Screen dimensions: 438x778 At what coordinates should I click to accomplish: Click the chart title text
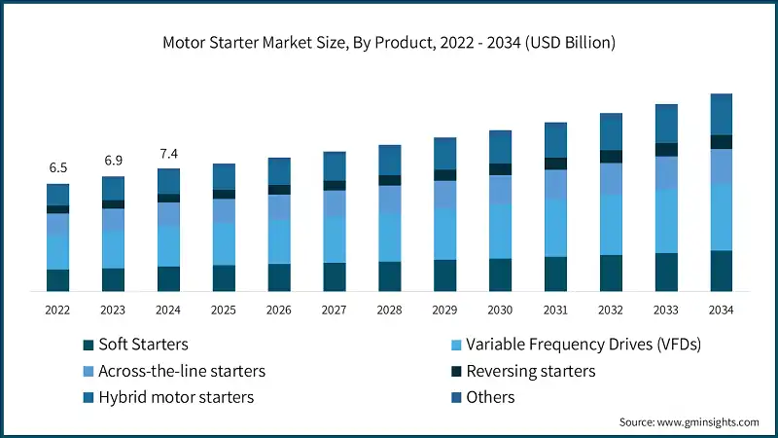click(389, 43)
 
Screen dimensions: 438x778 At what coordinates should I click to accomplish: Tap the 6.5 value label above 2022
click(58, 168)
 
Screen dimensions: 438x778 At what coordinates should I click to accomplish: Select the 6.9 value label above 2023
click(114, 160)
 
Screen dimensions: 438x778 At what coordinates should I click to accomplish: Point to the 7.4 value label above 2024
click(169, 154)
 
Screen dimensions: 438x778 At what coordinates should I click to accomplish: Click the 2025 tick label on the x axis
click(224, 310)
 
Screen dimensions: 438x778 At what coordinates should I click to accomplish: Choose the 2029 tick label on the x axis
click(444, 310)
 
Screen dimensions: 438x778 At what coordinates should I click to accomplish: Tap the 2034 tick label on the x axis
click(721, 310)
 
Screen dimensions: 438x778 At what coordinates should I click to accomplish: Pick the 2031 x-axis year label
click(555, 310)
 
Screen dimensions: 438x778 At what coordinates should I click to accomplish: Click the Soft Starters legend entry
click(142, 345)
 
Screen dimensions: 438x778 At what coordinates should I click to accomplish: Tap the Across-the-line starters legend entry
click(181, 371)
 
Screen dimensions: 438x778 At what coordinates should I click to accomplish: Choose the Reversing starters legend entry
click(530, 371)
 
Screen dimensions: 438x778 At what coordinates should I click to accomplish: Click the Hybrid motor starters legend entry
click(175, 397)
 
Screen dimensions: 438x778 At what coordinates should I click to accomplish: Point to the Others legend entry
click(490, 397)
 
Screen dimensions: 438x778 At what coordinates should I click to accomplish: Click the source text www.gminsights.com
click(689, 421)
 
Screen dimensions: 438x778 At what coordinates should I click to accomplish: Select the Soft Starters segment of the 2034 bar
click(721, 271)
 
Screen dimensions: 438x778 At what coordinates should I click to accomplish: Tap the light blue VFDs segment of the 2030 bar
click(500, 232)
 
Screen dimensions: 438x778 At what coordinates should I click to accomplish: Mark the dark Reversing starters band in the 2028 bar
click(390, 180)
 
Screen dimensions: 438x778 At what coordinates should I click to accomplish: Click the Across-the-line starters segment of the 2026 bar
click(279, 207)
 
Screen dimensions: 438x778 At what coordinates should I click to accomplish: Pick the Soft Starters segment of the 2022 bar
click(58, 280)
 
